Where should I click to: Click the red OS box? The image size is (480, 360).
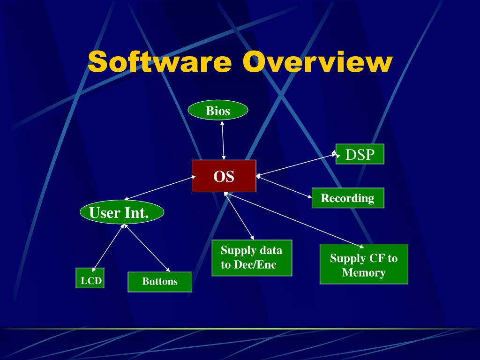[224, 176]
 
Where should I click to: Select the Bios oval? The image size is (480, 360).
[217, 110]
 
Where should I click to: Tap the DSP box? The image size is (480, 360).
[360, 154]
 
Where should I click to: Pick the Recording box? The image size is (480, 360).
[348, 198]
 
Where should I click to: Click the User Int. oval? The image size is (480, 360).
[122, 212]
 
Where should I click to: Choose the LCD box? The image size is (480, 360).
[90, 278]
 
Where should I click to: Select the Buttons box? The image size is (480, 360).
[160, 282]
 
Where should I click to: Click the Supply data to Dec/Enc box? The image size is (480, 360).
[252, 258]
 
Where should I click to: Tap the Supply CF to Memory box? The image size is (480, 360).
[364, 264]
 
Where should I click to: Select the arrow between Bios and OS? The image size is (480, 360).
[223, 140]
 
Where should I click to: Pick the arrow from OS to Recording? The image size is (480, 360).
[284, 187]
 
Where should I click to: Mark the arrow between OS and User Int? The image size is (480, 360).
[160, 188]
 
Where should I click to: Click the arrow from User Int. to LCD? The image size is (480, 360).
[108, 248]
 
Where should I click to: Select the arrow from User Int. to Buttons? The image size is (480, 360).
[147, 248]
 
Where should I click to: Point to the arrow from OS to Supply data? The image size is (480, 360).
[239, 216]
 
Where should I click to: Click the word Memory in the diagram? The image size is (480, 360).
[364, 272]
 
